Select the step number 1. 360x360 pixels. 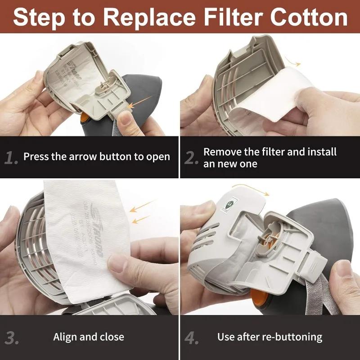[x=12, y=157]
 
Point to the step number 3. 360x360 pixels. [x=12, y=337]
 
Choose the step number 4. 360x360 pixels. [x=192, y=337]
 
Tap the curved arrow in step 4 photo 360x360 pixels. [x=250, y=189]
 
